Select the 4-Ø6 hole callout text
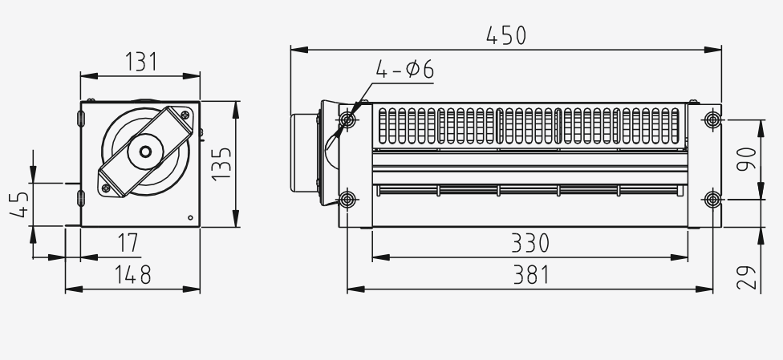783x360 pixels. pyautogui.click(x=405, y=71)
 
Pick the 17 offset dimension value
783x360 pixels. pyautogui.click(x=127, y=241)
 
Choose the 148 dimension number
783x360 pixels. pyautogui.click(x=132, y=274)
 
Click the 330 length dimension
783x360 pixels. pyautogui.click(x=530, y=242)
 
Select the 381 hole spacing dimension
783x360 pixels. pyautogui.click(x=530, y=274)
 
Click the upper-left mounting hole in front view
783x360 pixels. pyautogui.click(x=347, y=120)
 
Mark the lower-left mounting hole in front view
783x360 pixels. pyautogui.click(x=347, y=198)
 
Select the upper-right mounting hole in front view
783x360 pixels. pyautogui.click(x=713, y=120)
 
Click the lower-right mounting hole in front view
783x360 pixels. pyautogui.click(x=713, y=198)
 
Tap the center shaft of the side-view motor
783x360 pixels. pyautogui.click(x=145, y=152)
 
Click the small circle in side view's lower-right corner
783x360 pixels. pyautogui.click(x=189, y=217)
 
